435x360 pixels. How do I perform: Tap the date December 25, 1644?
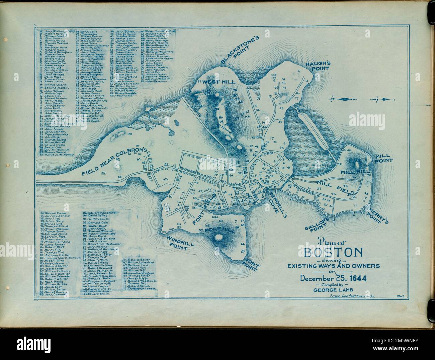coord(333,278)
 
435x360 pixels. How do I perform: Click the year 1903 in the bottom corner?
coord(400,296)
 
